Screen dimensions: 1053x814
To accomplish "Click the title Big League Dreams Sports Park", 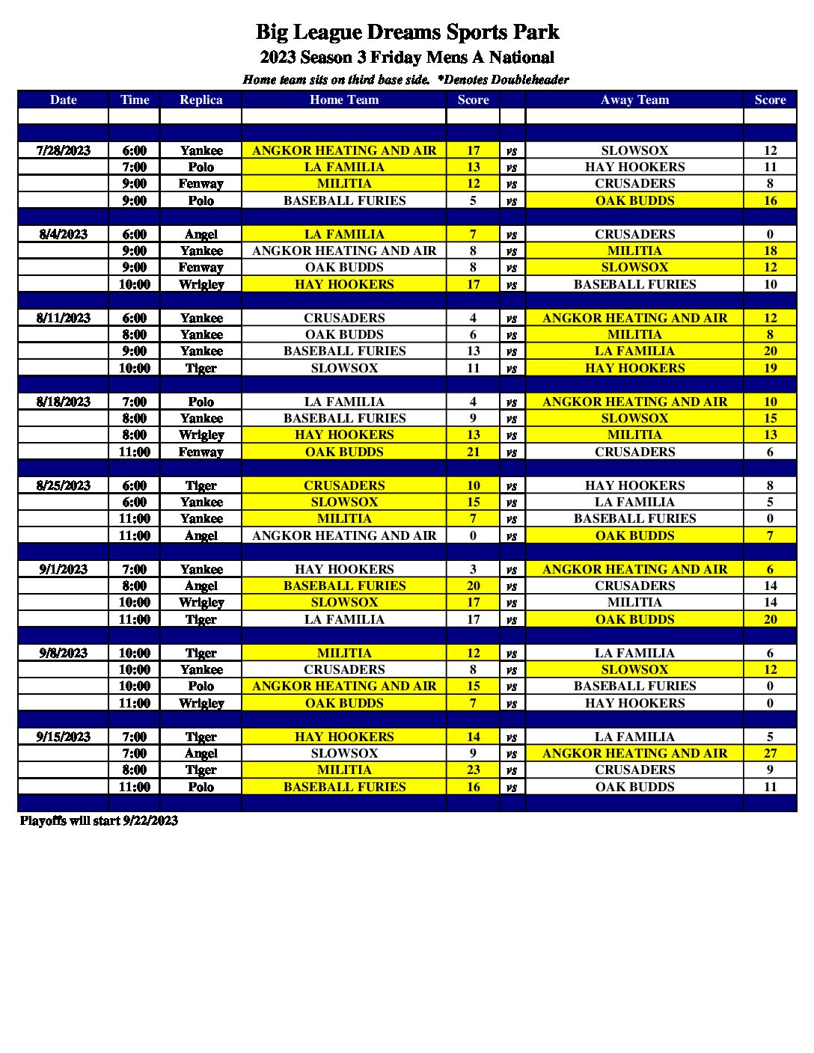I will point(407,32).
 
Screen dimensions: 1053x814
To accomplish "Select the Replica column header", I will point(201,99).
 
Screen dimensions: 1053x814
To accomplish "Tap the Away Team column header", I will point(634,99).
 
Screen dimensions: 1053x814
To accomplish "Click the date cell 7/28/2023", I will point(64,150).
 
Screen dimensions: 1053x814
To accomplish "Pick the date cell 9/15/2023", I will point(64,737).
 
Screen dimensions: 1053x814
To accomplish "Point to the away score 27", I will point(770,753).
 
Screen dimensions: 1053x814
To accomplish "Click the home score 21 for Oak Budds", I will point(473,452).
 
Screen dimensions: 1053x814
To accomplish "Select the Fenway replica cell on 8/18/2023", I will point(201,452).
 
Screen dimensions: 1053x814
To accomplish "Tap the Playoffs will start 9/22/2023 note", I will point(99,820).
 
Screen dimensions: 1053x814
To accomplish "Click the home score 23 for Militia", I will point(473,770).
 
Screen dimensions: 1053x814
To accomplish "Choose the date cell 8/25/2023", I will point(64,485).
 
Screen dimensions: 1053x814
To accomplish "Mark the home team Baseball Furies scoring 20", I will point(344,586).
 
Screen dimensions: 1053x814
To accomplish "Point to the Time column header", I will point(135,99).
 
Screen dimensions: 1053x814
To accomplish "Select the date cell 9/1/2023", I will point(64,569).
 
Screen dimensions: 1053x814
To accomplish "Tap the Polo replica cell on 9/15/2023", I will point(201,787).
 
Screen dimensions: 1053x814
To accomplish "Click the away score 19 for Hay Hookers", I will point(770,368).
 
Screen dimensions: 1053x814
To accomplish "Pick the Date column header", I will point(64,99).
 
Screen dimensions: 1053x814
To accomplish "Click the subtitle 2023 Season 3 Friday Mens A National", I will point(407,58).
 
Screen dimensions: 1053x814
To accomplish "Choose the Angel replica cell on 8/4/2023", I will point(201,234).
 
